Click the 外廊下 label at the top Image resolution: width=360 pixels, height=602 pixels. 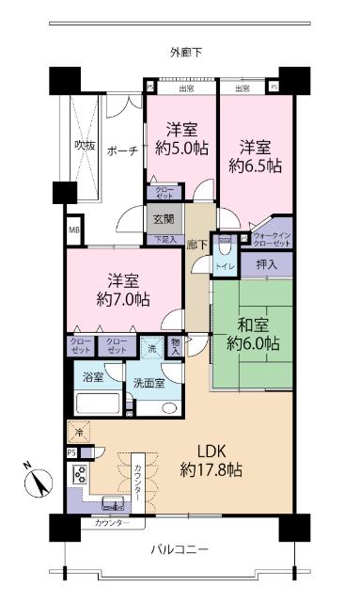point(186,51)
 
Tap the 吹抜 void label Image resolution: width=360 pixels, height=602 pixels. point(86,145)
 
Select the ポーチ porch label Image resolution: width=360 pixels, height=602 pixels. point(122,150)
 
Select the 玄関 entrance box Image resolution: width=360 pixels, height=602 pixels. point(163,219)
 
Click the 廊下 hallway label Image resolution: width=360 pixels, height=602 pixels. point(196,244)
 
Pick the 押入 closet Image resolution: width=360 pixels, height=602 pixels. point(266,266)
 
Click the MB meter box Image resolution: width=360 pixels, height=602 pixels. point(72,229)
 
